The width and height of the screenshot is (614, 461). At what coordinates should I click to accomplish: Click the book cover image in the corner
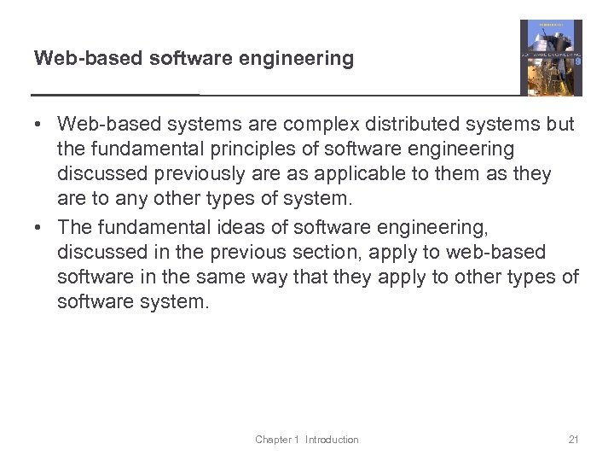click(551, 58)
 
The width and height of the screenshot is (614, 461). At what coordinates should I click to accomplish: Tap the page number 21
click(573, 440)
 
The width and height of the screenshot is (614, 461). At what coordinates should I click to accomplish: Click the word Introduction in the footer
click(332, 440)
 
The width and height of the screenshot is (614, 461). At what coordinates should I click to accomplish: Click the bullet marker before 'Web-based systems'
click(39, 125)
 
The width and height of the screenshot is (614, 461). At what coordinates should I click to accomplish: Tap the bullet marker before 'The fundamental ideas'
click(39, 229)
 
